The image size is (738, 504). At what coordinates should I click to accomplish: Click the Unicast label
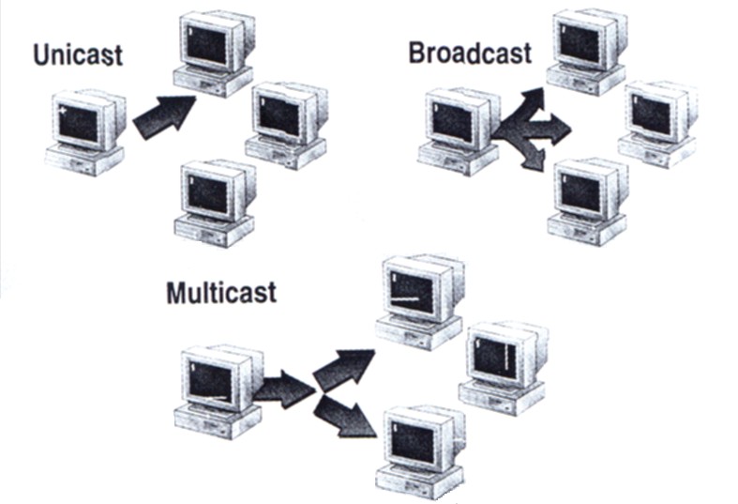tap(77, 53)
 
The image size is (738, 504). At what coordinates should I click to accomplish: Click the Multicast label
tap(221, 292)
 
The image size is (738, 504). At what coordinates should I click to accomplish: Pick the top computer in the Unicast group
tap(214, 54)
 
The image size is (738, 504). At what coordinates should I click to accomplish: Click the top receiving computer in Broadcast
tap(588, 52)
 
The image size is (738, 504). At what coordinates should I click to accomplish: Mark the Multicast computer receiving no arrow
tap(504, 366)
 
